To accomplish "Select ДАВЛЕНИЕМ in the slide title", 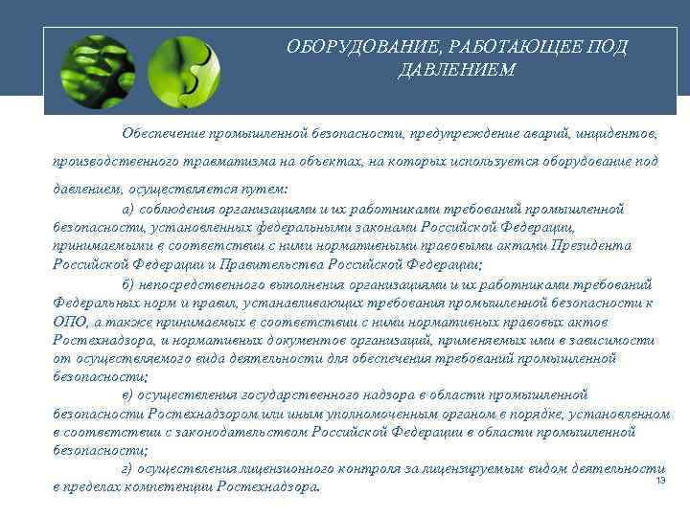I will [x=456, y=72].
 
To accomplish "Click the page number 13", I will [x=660, y=480].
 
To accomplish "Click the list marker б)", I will [x=128, y=283].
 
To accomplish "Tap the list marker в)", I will [x=128, y=394].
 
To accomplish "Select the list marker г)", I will [x=127, y=468].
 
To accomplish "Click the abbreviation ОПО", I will [x=69, y=321].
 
